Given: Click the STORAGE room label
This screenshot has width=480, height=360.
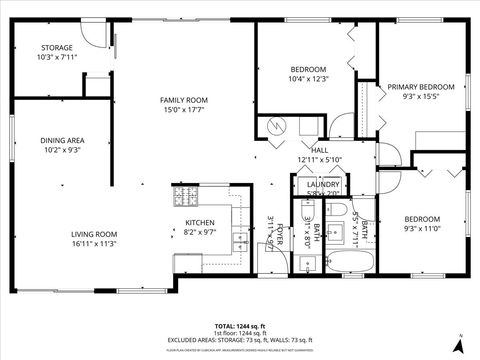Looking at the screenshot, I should [56, 48].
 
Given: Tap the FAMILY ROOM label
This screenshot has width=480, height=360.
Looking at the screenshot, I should [184, 100].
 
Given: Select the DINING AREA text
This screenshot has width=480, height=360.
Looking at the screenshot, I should [62, 141].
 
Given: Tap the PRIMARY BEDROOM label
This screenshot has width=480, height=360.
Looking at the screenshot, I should [421, 87].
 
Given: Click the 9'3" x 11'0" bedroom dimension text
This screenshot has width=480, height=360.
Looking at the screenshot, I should [423, 228].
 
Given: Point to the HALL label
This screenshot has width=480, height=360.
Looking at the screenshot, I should [320, 150].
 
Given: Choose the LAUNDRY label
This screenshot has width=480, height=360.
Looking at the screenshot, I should [324, 184].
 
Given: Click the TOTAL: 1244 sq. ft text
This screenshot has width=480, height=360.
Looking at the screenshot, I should [240, 326].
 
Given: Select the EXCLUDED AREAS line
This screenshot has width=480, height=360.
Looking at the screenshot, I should [240, 341].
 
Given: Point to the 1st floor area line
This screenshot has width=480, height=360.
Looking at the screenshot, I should [240, 333].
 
